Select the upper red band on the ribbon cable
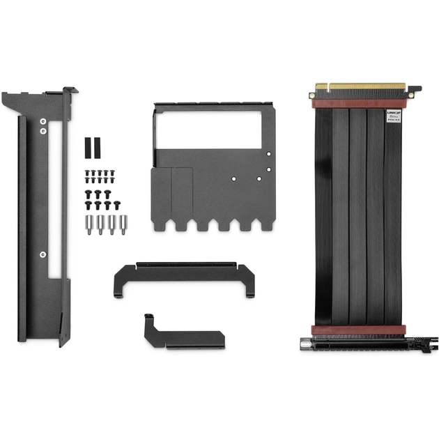360,103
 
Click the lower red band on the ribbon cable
360,330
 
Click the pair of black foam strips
93,147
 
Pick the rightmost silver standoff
124,225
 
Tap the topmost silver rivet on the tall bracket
43,120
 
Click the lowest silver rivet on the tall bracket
43,254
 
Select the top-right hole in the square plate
269,154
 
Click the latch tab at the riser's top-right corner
413,91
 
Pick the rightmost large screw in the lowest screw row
116,204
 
